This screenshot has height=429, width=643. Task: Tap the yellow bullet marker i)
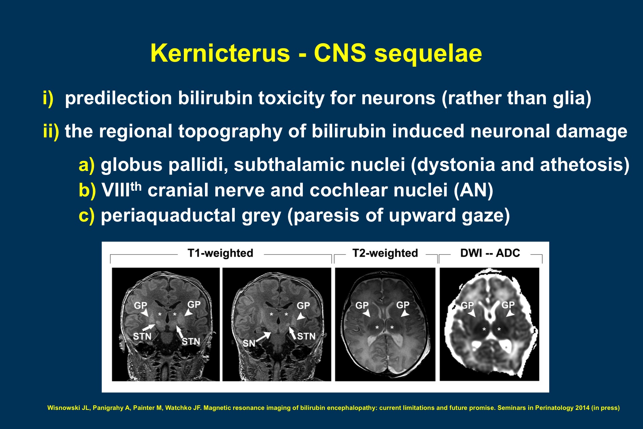pos(48,98)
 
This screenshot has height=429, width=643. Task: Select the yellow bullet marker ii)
pos(51,131)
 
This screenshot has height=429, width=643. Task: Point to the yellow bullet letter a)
pos(86,165)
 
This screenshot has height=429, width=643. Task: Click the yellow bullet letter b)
pos(87,190)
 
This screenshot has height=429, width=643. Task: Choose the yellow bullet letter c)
pos(86,215)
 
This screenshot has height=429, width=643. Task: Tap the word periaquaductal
pos(168,216)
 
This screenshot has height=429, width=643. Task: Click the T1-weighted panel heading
pos(220,253)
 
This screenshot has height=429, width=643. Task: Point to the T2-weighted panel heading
pos(385,253)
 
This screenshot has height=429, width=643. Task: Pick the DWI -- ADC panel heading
pos(490,253)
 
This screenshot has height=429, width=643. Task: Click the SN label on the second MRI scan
pos(249,343)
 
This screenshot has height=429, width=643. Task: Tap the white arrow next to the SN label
pos(264,337)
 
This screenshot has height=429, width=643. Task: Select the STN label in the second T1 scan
pos(306,336)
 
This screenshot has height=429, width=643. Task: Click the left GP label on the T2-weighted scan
pos(362,305)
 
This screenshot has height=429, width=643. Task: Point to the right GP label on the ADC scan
pos(508,305)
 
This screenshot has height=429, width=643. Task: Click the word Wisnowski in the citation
pos(63,408)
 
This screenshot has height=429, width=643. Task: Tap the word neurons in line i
pos(398,98)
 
